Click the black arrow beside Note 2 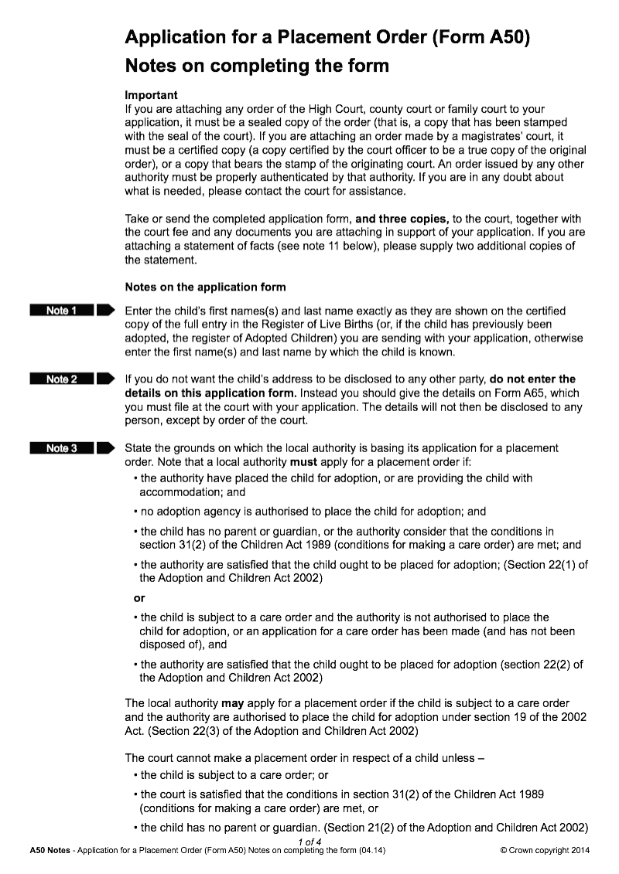pos(106,379)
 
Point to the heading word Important pos(151,95)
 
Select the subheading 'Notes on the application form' pos(205,287)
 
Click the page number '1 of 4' pos(309,842)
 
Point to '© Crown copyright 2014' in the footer pos(545,851)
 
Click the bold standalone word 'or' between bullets pos(139,598)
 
